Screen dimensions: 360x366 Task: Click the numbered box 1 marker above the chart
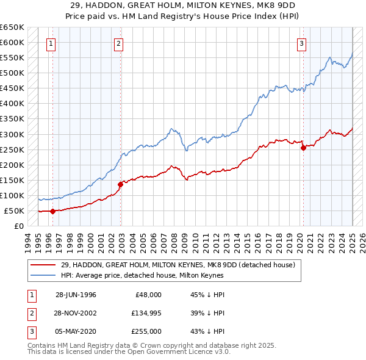point(50,43)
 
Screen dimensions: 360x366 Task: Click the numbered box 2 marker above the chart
point(118,43)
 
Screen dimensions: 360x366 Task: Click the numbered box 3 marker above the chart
point(301,43)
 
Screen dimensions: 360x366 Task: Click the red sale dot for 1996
point(52,211)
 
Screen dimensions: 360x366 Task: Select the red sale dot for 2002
point(121,184)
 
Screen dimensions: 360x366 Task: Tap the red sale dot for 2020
point(303,148)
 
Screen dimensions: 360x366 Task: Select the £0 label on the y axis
point(18,226)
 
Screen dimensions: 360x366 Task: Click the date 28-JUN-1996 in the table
point(76,295)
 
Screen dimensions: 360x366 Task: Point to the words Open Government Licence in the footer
point(161,352)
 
